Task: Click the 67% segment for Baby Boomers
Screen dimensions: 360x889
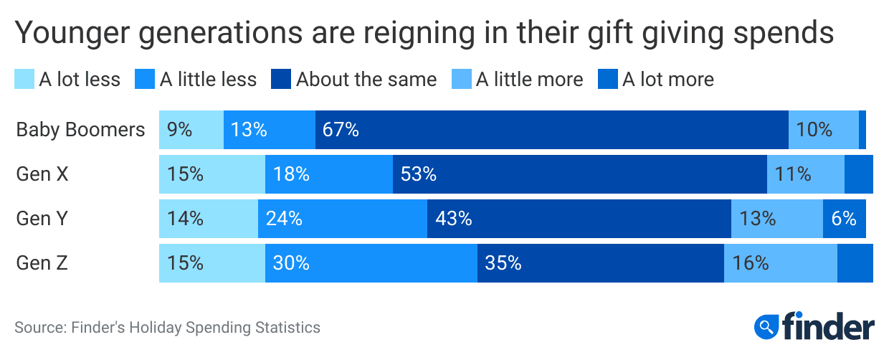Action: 551,130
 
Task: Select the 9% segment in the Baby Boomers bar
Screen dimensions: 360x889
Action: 191,130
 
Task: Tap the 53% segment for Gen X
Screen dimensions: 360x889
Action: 579,174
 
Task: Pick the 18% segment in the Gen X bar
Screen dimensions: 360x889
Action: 328,174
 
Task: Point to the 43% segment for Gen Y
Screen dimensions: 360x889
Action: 579,219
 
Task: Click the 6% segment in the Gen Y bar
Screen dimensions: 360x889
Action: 844,219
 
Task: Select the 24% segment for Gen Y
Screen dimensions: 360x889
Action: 342,219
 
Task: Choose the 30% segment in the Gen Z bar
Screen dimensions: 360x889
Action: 371,263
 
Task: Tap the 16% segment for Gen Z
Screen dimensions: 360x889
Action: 780,263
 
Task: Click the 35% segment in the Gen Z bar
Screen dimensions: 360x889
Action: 600,263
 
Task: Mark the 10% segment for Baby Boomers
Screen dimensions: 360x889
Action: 823,130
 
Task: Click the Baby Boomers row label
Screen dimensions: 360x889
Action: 80,130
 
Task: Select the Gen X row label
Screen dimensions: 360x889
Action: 42,174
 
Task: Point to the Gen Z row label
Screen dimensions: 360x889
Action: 42,263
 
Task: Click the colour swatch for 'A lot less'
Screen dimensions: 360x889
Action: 24,79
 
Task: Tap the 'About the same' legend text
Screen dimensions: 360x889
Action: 366,79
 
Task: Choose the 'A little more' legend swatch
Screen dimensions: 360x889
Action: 462,79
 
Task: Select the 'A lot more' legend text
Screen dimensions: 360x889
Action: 667,79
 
